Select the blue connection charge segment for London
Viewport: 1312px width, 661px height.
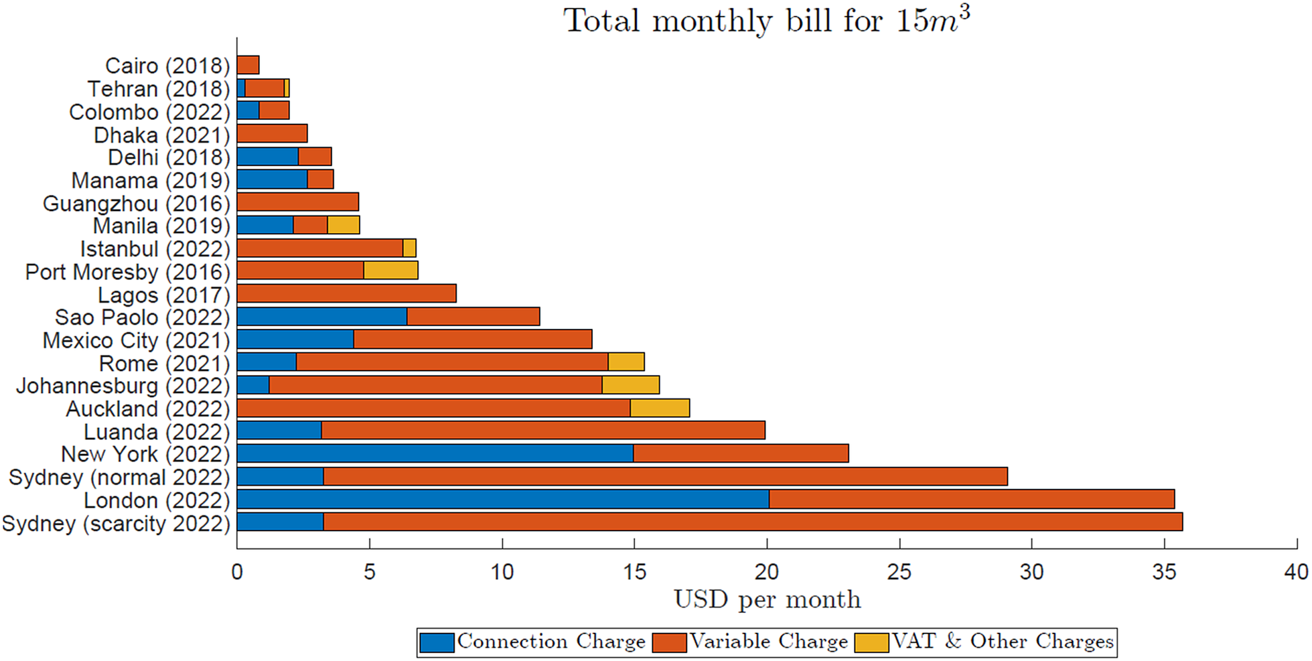502,499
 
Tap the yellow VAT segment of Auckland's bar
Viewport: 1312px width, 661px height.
660,408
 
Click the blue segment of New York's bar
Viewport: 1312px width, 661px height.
435,453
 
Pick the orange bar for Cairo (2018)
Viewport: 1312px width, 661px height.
248,65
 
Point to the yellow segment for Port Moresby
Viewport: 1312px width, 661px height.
391,271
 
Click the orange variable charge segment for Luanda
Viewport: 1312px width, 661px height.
542,431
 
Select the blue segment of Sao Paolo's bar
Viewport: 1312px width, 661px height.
322,316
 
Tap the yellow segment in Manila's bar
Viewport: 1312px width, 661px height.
344,225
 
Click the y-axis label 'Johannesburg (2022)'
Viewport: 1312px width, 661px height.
123,386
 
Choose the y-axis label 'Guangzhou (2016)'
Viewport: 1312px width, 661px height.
136,203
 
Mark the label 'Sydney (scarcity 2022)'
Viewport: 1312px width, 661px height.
116,523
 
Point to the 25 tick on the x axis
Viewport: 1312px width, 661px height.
899,571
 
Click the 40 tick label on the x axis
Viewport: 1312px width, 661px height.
1296,571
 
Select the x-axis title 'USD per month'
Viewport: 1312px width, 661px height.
767,599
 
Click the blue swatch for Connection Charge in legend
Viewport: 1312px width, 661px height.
437,642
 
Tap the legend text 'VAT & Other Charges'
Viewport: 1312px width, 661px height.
1002,642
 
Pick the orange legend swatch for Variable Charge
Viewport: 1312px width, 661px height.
669,642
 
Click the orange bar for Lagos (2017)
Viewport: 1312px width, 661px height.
346,293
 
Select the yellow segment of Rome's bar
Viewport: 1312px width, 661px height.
626,362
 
